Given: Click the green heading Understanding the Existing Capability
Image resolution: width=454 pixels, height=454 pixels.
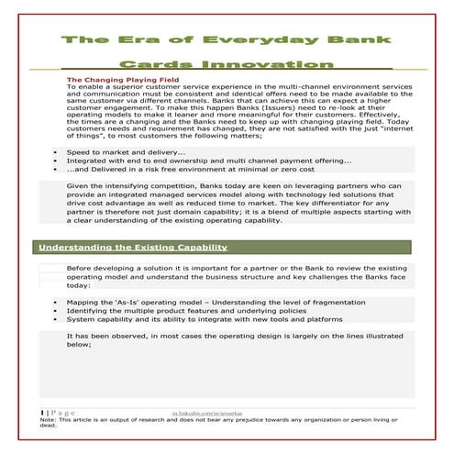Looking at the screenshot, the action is click(x=132, y=248).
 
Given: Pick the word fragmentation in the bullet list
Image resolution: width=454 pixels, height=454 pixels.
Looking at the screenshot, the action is click(x=326, y=301).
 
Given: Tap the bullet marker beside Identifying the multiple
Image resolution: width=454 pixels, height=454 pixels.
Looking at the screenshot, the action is click(x=55, y=310).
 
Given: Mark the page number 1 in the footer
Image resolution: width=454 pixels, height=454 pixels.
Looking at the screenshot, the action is click(x=42, y=414).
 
